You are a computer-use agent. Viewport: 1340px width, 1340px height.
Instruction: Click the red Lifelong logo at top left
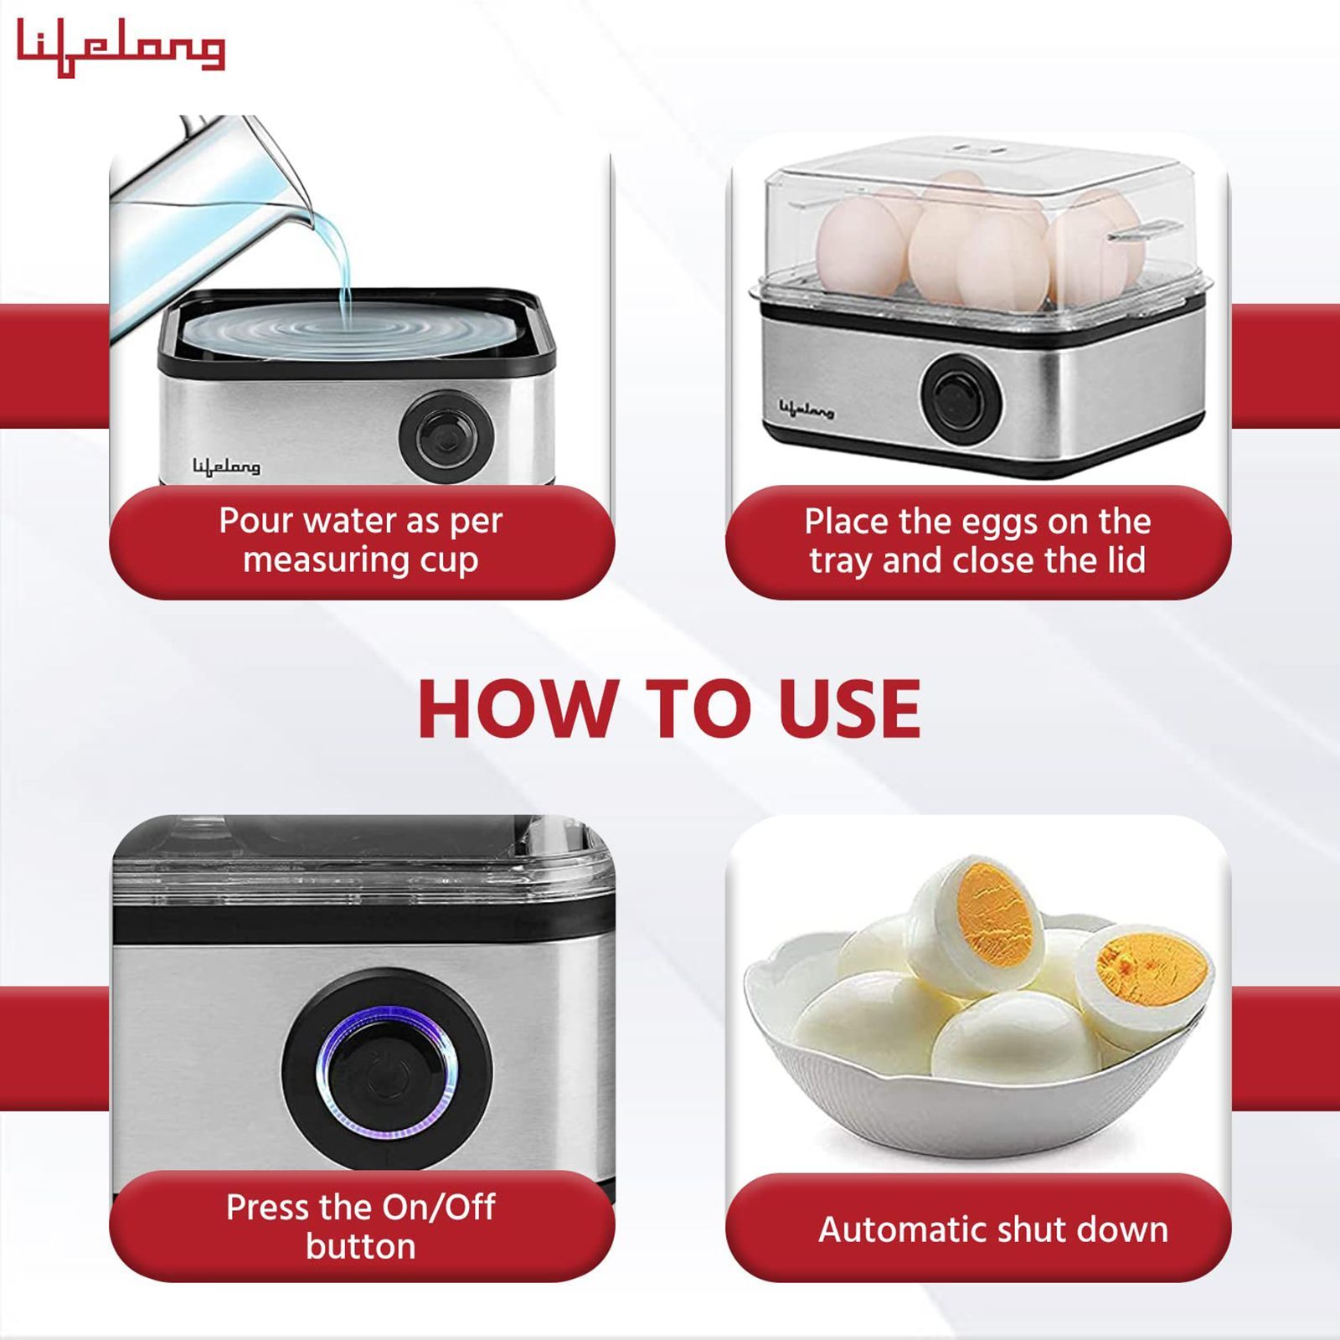click(x=121, y=48)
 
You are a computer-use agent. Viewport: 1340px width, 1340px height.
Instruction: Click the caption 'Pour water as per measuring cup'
click(x=361, y=540)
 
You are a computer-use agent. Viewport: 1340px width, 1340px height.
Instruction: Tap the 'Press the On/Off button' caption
click(x=361, y=1226)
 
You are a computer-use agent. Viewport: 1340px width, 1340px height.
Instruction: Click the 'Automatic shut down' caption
click(x=992, y=1229)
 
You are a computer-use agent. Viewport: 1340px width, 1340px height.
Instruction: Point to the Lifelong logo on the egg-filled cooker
click(x=807, y=410)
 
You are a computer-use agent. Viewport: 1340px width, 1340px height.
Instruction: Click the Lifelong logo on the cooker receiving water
click(x=226, y=466)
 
